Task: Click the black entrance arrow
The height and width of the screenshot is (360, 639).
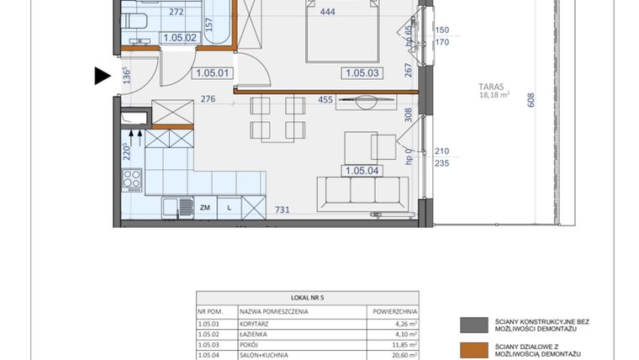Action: click(102, 77)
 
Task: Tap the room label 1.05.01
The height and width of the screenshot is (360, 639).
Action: click(212, 73)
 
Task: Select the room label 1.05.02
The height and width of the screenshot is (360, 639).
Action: click(179, 38)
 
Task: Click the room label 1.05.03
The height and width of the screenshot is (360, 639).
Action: click(362, 73)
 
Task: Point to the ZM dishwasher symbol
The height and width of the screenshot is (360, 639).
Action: click(204, 206)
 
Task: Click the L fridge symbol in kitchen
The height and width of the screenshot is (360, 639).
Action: click(229, 206)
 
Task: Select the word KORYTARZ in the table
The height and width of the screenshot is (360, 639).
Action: click(257, 321)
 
